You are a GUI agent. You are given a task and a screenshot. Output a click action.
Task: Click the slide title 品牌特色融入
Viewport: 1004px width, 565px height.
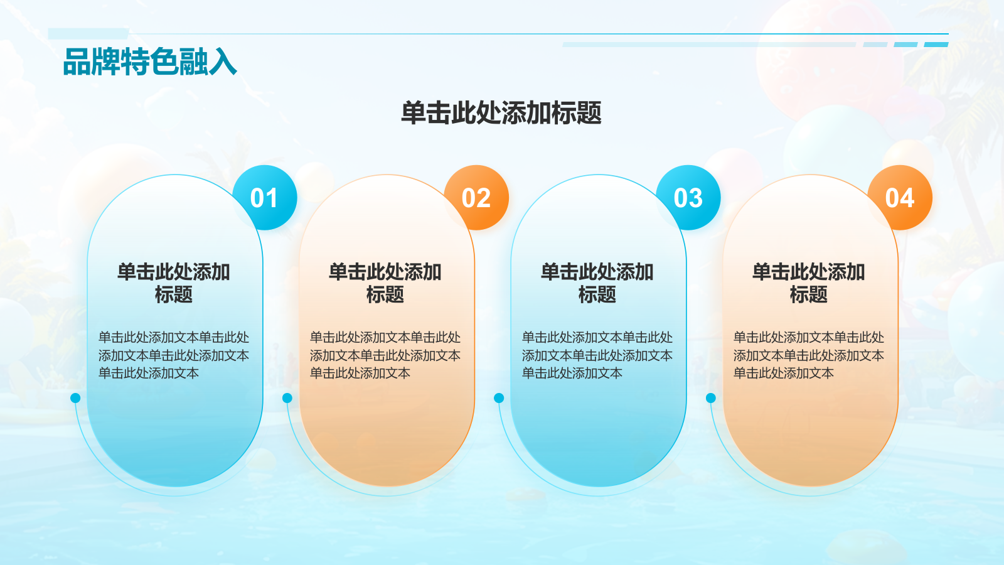click(150, 62)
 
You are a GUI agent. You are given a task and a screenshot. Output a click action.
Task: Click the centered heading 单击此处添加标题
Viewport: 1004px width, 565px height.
click(501, 113)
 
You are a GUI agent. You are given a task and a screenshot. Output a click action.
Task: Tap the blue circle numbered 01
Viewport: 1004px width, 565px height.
click(264, 198)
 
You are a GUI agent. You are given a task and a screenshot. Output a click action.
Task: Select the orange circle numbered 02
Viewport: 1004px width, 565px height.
click(476, 198)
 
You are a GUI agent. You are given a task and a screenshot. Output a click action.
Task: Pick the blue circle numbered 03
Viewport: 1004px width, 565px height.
click(688, 198)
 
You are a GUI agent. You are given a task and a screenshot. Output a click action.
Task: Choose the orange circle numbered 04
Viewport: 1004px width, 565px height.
click(900, 198)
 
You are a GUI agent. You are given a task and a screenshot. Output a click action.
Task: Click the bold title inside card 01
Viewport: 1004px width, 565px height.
click(174, 283)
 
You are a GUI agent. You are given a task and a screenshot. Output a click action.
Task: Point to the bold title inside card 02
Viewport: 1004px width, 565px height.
click(385, 283)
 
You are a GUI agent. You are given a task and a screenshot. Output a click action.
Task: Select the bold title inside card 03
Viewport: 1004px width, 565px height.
click(597, 283)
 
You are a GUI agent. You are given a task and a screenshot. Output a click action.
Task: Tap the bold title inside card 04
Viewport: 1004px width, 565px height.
click(809, 283)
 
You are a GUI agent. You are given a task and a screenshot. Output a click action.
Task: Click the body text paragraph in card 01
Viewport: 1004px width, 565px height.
click(174, 355)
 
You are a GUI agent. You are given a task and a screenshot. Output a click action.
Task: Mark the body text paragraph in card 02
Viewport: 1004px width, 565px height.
click(385, 355)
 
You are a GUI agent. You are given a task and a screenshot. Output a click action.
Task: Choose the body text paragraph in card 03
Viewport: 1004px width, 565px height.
click(597, 355)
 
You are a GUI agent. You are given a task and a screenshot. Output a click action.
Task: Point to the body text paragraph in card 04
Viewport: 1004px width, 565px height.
click(809, 355)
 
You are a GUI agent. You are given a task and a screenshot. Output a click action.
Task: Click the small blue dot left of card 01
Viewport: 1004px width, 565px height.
click(75, 398)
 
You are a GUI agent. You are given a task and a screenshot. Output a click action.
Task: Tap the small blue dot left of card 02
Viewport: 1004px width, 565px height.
click(287, 398)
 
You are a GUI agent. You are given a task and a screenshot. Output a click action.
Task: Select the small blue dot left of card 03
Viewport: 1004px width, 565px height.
click(499, 398)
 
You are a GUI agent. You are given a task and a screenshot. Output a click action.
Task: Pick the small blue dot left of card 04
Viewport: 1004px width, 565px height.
click(711, 398)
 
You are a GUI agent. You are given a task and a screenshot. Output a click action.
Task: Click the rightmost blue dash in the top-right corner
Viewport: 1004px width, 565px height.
click(936, 45)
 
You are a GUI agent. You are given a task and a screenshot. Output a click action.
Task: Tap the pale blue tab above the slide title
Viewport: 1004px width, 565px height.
click(88, 33)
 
